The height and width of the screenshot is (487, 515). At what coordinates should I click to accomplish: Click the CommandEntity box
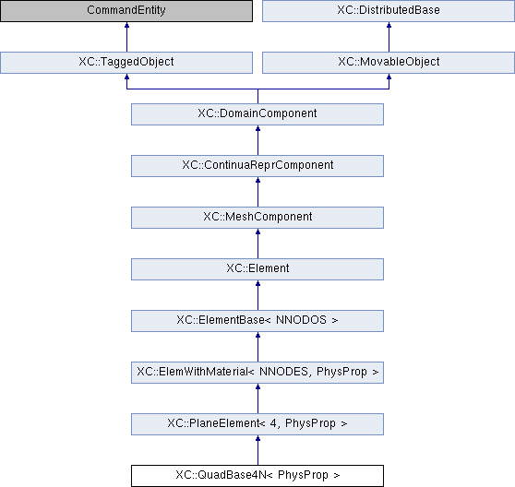(x=126, y=10)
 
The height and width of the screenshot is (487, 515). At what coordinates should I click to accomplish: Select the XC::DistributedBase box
(x=389, y=10)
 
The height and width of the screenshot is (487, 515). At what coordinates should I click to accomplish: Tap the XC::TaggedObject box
(x=126, y=63)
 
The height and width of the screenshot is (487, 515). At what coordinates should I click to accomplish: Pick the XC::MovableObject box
(x=389, y=63)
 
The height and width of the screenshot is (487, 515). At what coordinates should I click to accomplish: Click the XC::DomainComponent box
(x=257, y=114)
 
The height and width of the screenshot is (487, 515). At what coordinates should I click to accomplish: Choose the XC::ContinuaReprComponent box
(x=257, y=166)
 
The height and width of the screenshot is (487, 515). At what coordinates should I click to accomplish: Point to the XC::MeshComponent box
(x=257, y=218)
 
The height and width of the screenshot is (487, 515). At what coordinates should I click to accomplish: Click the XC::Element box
(x=257, y=269)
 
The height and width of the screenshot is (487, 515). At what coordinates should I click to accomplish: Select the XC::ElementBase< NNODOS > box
(x=257, y=321)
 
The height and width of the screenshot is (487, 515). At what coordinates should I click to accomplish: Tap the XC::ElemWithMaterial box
(x=257, y=373)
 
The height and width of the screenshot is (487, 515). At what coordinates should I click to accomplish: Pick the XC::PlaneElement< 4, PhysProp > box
(x=257, y=424)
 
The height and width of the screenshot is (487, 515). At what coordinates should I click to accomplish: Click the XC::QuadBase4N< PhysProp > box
(x=257, y=476)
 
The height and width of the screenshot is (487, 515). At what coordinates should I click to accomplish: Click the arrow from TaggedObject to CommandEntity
(x=126, y=37)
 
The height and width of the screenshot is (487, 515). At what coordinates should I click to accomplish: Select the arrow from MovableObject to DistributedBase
(x=389, y=37)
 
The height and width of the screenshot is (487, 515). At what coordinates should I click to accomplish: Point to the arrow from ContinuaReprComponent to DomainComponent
(x=257, y=140)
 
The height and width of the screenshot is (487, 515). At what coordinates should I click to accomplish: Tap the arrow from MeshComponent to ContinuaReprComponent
(x=257, y=192)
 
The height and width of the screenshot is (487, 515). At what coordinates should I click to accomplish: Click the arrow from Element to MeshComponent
(x=257, y=243)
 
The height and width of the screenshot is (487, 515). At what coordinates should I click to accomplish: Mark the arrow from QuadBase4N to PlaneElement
(x=257, y=450)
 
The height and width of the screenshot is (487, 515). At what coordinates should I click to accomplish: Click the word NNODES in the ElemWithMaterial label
(x=283, y=372)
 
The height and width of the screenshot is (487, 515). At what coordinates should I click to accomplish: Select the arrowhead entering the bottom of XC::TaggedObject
(x=126, y=77)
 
